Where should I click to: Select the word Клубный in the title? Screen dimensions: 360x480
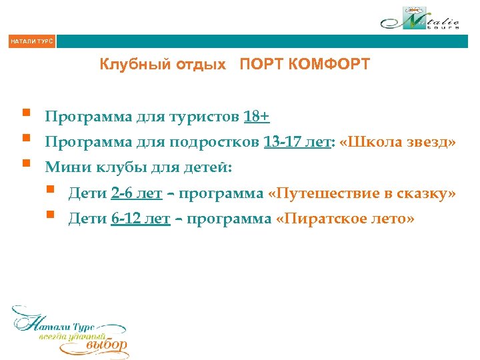tap(129, 65)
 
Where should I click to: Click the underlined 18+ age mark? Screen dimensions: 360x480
tap(257, 117)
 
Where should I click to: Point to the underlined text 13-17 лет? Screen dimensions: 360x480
tap(297, 142)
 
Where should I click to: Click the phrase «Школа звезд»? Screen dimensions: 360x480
tap(397, 142)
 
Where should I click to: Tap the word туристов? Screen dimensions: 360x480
tap(207, 118)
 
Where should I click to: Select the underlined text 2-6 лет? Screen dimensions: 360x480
tap(137, 193)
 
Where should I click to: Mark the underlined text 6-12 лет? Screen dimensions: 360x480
tap(141, 218)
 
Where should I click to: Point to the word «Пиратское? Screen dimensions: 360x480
tap(323, 218)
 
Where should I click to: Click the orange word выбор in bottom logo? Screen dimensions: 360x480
tap(107, 345)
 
